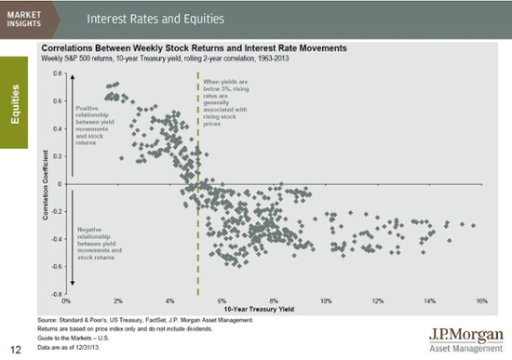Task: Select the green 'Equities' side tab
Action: pyautogui.click(x=17, y=103)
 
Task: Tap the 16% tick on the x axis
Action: pyautogui.click(x=481, y=301)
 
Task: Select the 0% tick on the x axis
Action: pyautogui.click(x=65, y=301)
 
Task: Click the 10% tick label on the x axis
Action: pyautogui.click(x=325, y=301)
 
